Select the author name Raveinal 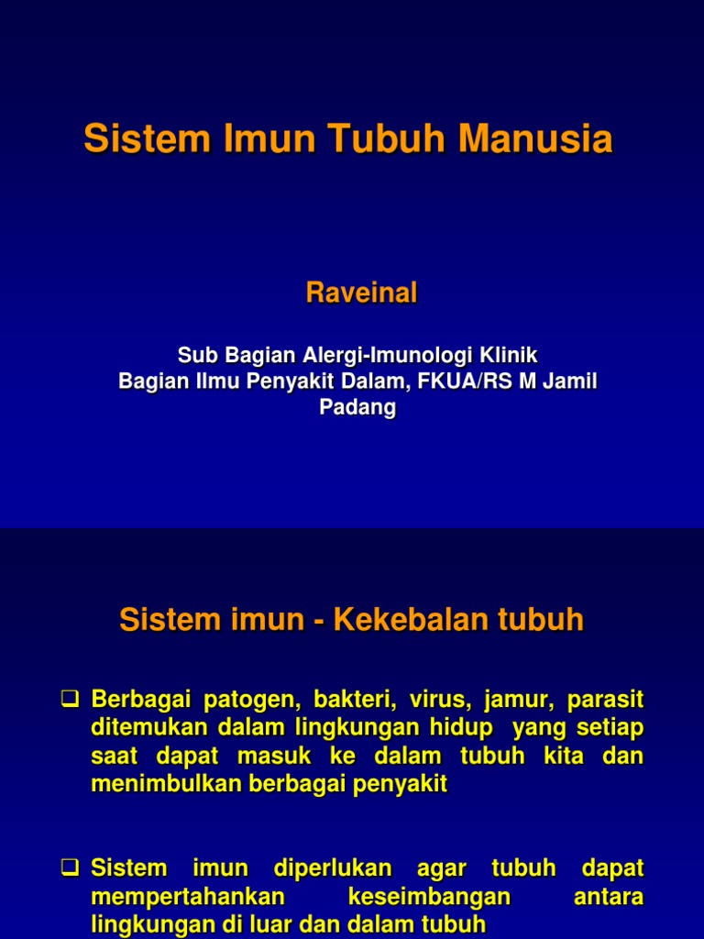point(361,293)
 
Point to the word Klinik point(504,355)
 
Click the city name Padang point(357,408)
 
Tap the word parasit point(605,701)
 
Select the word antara point(608,896)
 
